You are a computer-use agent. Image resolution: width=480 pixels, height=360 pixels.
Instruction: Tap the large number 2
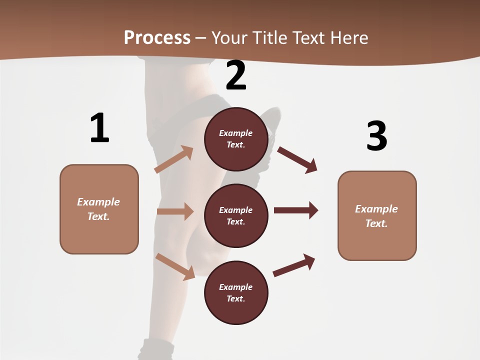(235, 76)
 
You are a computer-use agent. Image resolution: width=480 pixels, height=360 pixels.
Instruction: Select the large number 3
(376, 135)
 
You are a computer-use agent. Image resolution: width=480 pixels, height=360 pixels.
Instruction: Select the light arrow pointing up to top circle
(174, 159)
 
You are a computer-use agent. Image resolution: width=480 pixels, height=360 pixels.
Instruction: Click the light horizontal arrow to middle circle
(175, 211)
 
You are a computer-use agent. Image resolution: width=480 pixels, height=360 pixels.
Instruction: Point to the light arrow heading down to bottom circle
(175, 266)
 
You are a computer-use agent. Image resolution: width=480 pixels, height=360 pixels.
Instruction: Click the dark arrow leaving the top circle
(297, 159)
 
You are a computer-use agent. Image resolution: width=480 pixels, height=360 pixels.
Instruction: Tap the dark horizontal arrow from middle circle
(295, 210)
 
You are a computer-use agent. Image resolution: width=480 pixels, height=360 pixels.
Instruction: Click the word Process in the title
(157, 37)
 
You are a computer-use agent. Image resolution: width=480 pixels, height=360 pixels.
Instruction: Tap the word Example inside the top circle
(236, 133)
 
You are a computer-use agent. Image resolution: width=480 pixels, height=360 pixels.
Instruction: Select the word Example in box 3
(376, 209)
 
